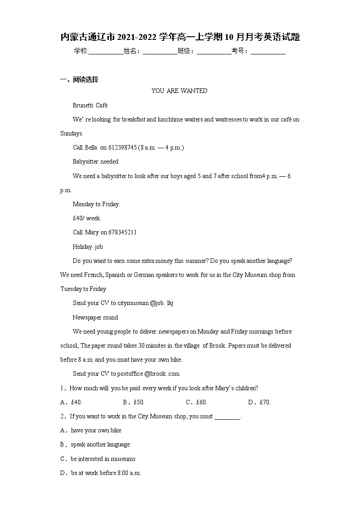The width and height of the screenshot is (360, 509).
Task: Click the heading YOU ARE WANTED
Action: coord(179,91)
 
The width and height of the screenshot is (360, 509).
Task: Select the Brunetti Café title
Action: coord(90,105)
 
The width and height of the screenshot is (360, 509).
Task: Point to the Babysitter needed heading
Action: coord(95,161)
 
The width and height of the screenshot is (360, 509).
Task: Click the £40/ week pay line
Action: coord(87,218)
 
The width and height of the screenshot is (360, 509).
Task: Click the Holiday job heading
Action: coord(88,247)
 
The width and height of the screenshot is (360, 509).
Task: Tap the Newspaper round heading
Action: coord(95,317)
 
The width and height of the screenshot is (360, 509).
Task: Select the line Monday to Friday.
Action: coord(96,204)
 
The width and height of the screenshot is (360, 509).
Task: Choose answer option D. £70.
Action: coord(259,402)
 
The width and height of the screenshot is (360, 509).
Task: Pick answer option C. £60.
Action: coord(196,402)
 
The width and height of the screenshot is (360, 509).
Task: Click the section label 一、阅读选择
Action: coord(79,80)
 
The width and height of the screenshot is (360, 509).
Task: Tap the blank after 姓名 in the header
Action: coord(160,52)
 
